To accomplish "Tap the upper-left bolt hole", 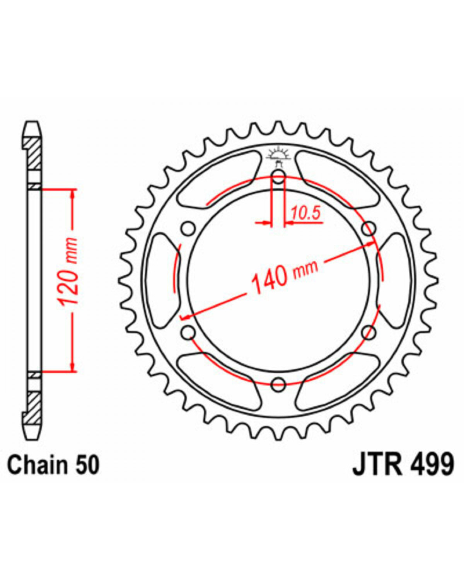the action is [x=188, y=229].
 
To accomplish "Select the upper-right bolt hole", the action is [x=368, y=229].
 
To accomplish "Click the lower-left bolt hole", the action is [x=188, y=333].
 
